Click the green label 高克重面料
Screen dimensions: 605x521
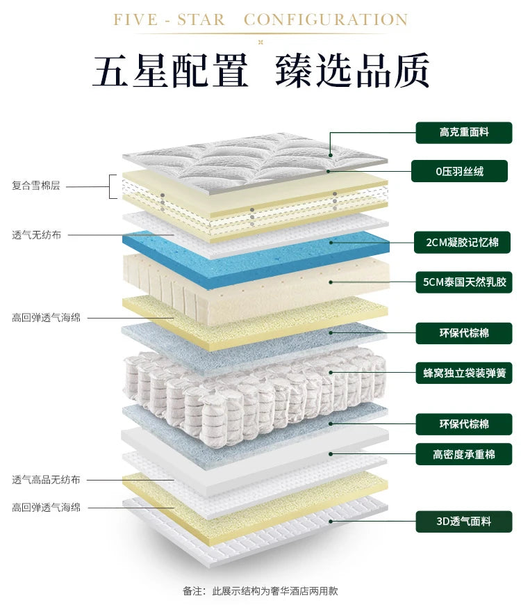tap(464, 132)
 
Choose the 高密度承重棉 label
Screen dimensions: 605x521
tap(464, 454)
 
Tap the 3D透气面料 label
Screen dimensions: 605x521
tap(464, 520)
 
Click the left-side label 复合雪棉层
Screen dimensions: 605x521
tap(36, 186)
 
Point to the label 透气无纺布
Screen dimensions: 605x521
tap(36, 235)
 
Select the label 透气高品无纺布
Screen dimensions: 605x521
tap(46, 480)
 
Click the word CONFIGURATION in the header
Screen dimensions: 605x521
tap(325, 19)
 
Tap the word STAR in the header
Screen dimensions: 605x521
tap(201, 19)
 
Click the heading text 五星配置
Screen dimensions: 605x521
tap(170, 70)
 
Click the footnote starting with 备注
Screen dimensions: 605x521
tap(260, 590)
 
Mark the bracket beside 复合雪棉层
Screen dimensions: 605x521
tap(112, 186)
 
